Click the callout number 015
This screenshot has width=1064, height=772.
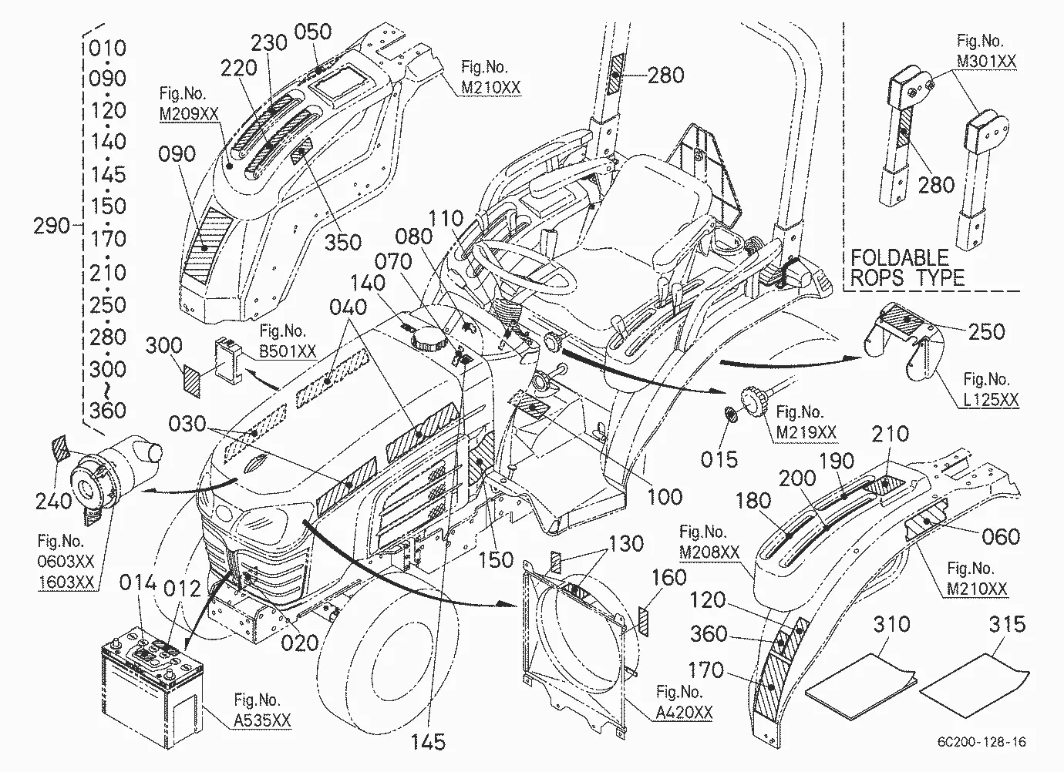point(719,460)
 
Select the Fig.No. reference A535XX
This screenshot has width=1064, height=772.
point(261,720)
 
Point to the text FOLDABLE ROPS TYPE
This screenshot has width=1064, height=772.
point(907,267)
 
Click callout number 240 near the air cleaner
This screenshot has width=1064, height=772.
point(53,501)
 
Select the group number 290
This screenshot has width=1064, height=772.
point(52,226)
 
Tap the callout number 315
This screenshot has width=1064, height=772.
point(1008,624)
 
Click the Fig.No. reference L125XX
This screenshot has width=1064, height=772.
point(991,399)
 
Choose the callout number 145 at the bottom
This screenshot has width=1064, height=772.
point(428,742)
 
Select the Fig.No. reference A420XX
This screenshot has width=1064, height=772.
point(684,712)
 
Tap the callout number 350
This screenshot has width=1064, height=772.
point(343,243)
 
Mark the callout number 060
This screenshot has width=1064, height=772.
point(1001,537)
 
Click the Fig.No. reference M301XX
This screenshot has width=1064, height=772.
point(987,61)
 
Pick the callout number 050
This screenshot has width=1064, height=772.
point(312,32)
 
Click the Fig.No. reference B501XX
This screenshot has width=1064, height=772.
point(288,351)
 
